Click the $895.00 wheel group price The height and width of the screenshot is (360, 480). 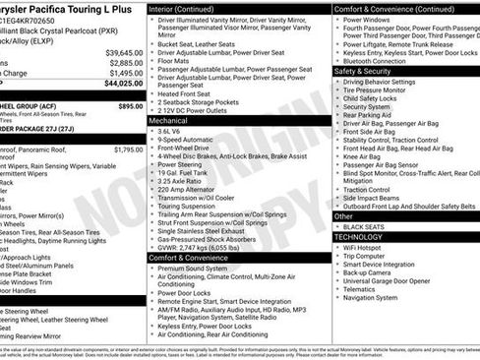click(x=130, y=105)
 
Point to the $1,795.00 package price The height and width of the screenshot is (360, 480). click(x=128, y=150)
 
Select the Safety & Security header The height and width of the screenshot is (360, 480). click(x=364, y=71)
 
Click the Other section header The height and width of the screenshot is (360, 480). click(x=344, y=215)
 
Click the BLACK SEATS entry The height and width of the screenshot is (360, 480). click(x=367, y=226)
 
